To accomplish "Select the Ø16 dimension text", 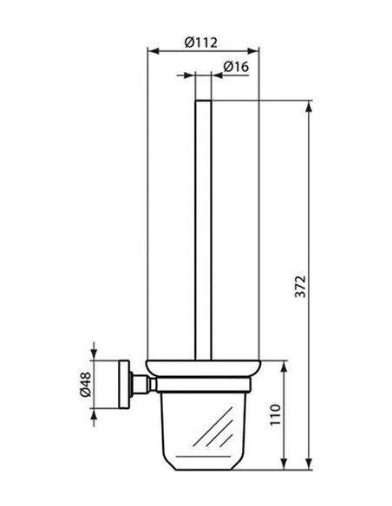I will click(237, 66).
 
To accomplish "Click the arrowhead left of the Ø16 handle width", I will click(190, 76).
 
